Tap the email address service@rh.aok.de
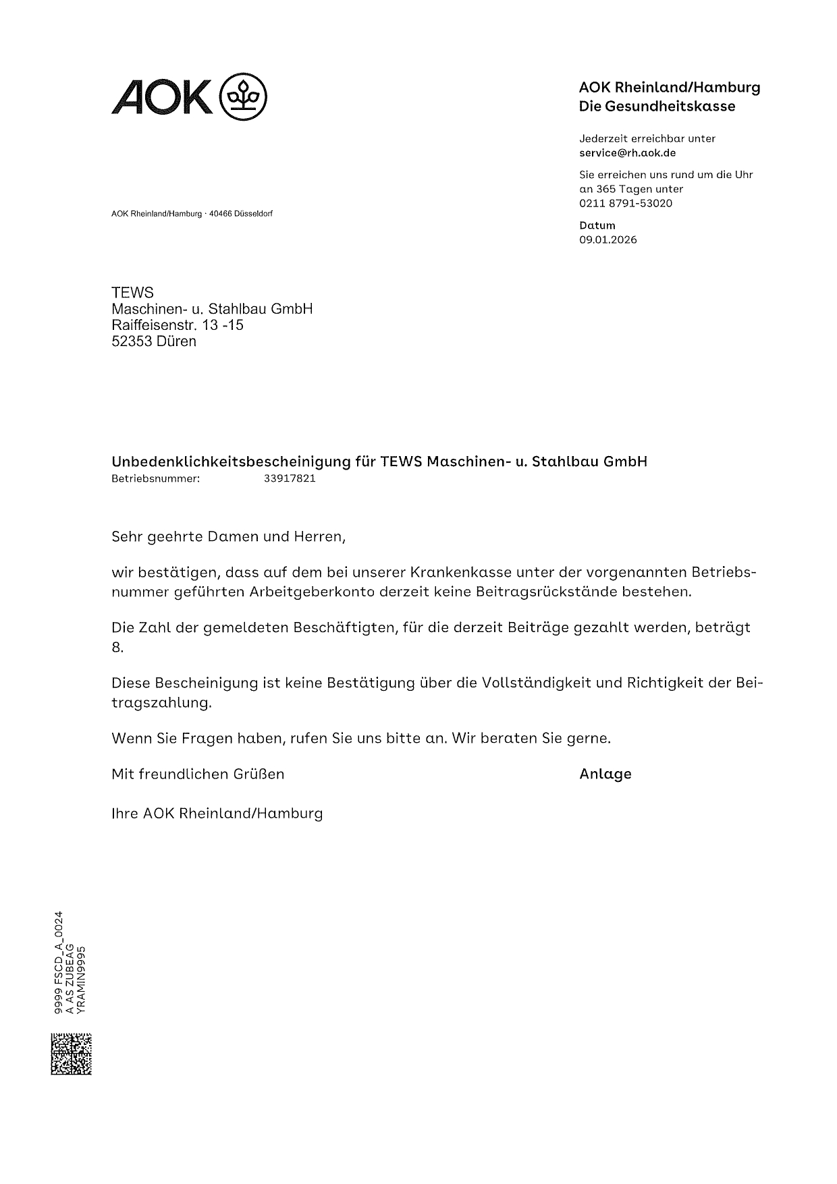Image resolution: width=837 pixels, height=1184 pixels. pyautogui.click(x=627, y=153)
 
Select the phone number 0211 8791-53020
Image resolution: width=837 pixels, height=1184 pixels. pyautogui.click(x=626, y=203)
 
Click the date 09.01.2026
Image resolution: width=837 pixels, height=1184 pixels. pyautogui.click(x=607, y=239)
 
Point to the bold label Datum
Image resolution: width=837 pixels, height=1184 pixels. pyautogui.click(x=597, y=225)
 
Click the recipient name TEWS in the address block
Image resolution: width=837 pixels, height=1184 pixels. pyautogui.click(x=132, y=292)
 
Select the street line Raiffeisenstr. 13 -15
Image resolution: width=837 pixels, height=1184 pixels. pyautogui.click(x=178, y=325)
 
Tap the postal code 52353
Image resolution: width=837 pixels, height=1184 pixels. pyautogui.click(x=132, y=341)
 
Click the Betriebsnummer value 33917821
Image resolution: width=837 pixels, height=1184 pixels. pyautogui.click(x=290, y=478)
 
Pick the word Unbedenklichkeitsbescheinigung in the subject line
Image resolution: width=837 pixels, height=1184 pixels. pyautogui.click(x=230, y=461)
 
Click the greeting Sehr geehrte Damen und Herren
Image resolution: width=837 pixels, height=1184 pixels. pyautogui.click(x=228, y=537)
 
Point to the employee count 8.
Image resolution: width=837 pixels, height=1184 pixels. pyautogui.click(x=117, y=648)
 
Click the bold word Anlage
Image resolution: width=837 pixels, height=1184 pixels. pyautogui.click(x=605, y=774)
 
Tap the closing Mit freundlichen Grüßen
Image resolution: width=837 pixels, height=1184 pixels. pyautogui.click(x=198, y=774)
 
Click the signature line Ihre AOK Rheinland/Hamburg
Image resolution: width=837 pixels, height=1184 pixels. pyautogui.click(x=217, y=813)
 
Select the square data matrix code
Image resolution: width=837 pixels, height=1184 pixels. pyautogui.click(x=71, y=1053)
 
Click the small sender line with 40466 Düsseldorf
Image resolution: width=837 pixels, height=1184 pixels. pyautogui.click(x=192, y=214)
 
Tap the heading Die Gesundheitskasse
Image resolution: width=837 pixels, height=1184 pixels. pyautogui.click(x=657, y=106)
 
